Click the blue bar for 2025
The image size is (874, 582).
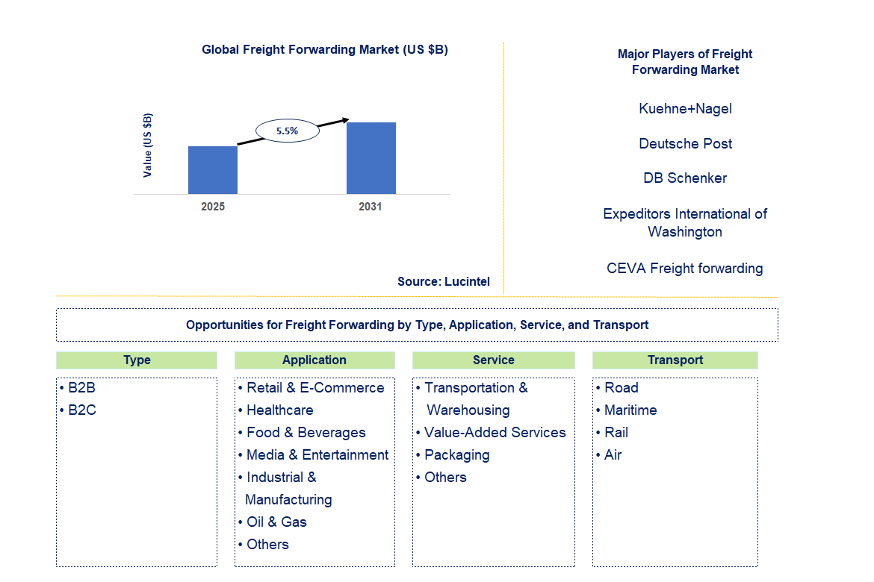point(213,170)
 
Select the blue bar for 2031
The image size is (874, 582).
point(371,158)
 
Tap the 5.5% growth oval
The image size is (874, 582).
point(287,131)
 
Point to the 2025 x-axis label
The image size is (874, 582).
point(213,207)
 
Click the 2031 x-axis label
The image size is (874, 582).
point(371,207)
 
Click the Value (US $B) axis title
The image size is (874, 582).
point(148,145)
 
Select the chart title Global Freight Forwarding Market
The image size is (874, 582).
point(325,50)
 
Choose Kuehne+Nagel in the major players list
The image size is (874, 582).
point(685,109)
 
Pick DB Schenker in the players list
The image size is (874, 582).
point(685,178)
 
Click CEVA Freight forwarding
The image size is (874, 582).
point(685,269)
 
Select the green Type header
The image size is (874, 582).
point(137,360)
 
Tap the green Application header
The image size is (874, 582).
point(314,360)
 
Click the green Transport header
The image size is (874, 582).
point(675,360)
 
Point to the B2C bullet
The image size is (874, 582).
point(81,410)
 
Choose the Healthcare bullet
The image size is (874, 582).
point(279,410)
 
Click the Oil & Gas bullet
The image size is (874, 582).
point(276,522)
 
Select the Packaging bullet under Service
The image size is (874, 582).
point(456,455)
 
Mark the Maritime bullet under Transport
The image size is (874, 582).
point(630,410)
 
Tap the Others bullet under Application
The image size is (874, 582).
point(267,545)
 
